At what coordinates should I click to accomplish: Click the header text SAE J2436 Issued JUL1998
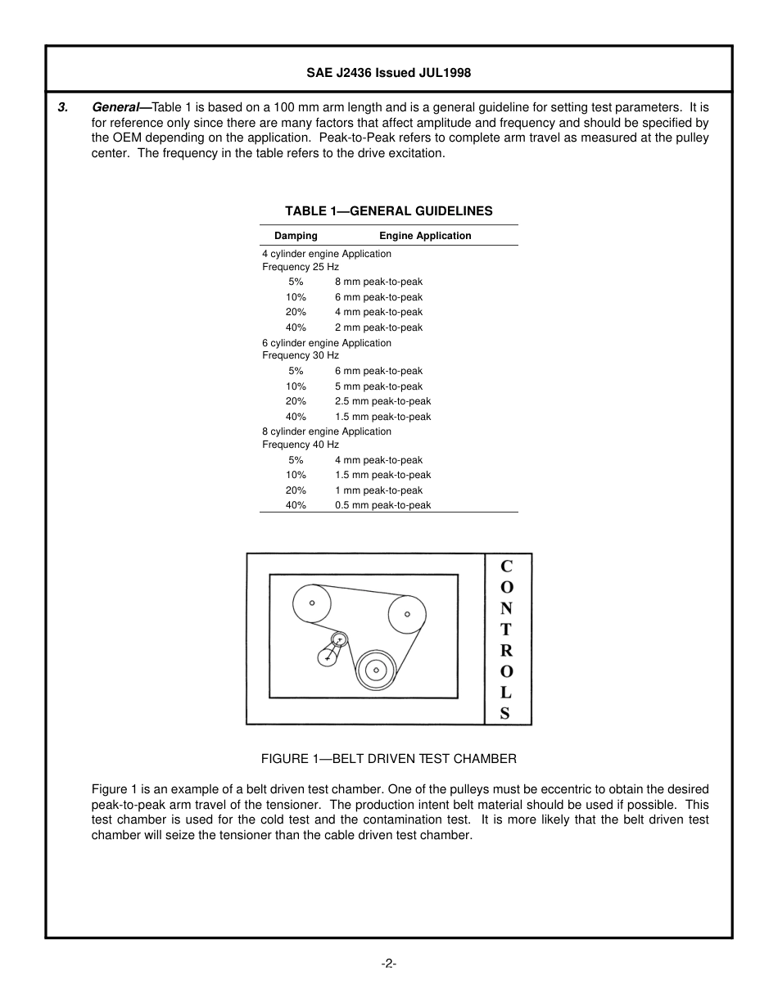(388, 73)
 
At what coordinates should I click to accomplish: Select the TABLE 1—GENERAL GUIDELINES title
(388, 211)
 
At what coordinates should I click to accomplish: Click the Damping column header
(296, 236)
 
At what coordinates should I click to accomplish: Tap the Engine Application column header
(425, 236)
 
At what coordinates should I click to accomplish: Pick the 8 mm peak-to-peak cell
(378, 282)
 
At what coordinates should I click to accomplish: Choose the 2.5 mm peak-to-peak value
(382, 401)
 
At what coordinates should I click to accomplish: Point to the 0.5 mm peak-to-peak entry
(382, 505)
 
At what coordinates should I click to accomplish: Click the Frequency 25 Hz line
(300, 267)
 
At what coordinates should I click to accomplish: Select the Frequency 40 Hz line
(300, 445)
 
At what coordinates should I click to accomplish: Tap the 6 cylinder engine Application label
(326, 343)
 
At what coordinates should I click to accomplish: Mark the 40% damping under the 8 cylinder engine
(296, 505)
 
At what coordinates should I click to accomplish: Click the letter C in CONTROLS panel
(506, 566)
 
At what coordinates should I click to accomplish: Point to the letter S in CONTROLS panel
(505, 713)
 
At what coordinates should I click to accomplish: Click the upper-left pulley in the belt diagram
(312, 604)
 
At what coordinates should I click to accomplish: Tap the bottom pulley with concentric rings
(376, 670)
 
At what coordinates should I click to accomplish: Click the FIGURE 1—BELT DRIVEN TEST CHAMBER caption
(388, 759)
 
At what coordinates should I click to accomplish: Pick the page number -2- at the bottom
(388, 964)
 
